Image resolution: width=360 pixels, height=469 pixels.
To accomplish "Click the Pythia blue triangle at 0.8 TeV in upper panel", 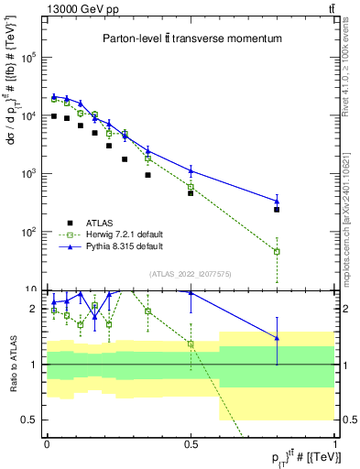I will [x=277, y=202].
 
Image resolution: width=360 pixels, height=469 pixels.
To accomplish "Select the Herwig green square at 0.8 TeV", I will [x=277, y=251].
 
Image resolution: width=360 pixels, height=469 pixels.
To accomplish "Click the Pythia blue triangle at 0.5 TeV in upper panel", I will [x=191, y=169].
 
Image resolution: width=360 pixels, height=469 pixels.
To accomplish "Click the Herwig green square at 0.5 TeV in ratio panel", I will [x=191, y=344].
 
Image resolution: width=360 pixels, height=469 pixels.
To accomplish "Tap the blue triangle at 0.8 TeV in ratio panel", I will [x=277, y=338].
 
